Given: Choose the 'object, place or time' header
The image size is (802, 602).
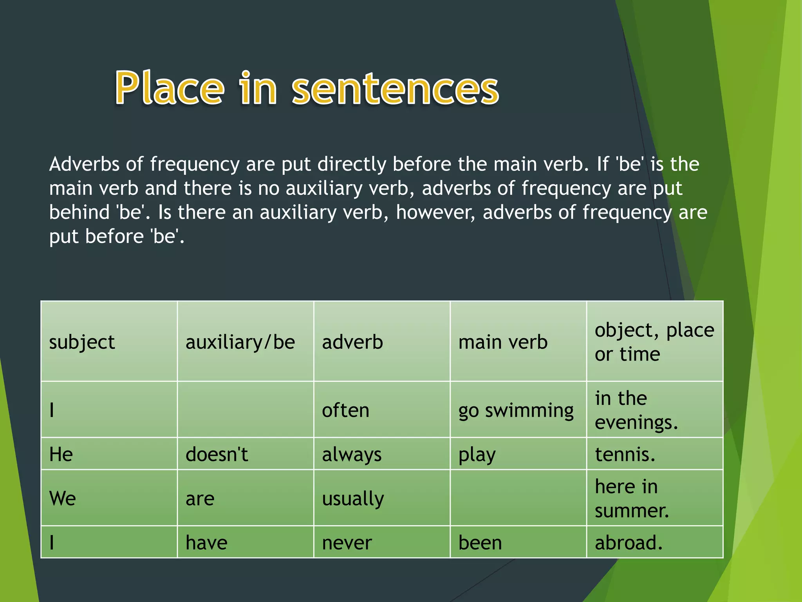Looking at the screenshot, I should [x=654, y=342].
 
